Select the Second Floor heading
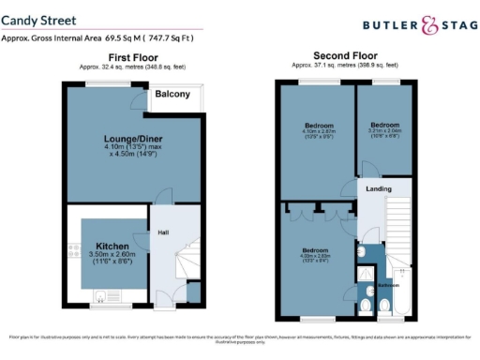(x=344, y=56)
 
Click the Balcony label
(x=172, y=95)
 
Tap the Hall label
(x=162, y=232)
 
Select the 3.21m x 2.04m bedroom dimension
(x=385, y=133)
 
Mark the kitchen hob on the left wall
(x=73, y=250)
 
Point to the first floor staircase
(x=190, y=259)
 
